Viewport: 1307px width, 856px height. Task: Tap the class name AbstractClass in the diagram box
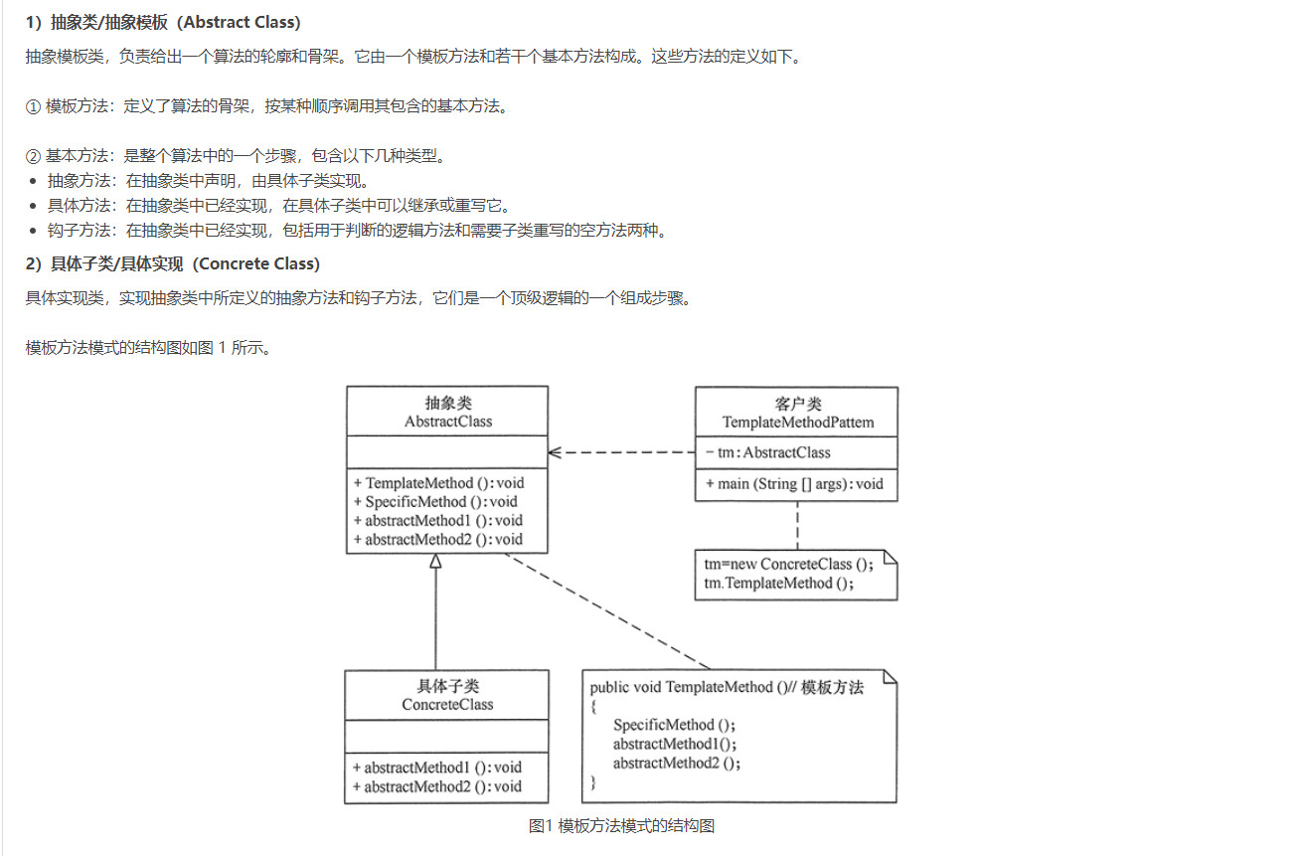point(447,421)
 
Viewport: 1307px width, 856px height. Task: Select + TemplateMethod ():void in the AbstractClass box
point(438,483)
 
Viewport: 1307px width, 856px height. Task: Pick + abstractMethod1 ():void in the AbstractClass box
point(438,521)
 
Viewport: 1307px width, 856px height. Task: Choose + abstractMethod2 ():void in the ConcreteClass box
point(437,786)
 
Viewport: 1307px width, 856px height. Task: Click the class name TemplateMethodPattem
point(798,423)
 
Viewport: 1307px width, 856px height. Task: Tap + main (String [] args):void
point(794,484)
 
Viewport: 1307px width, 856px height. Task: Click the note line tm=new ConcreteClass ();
point(788,564)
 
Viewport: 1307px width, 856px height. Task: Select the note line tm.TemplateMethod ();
point(778,583)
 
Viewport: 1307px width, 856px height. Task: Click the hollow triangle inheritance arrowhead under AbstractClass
point(435,562)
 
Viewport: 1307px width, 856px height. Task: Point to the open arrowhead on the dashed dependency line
point(556,452)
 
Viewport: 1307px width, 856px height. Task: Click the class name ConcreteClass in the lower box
point(447,705)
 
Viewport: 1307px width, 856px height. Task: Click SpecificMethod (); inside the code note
point(674,725)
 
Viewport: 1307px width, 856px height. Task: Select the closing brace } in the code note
point(593,783)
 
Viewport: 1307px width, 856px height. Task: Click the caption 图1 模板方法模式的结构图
point(622,825)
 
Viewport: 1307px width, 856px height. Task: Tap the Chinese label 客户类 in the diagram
point(798,404)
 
